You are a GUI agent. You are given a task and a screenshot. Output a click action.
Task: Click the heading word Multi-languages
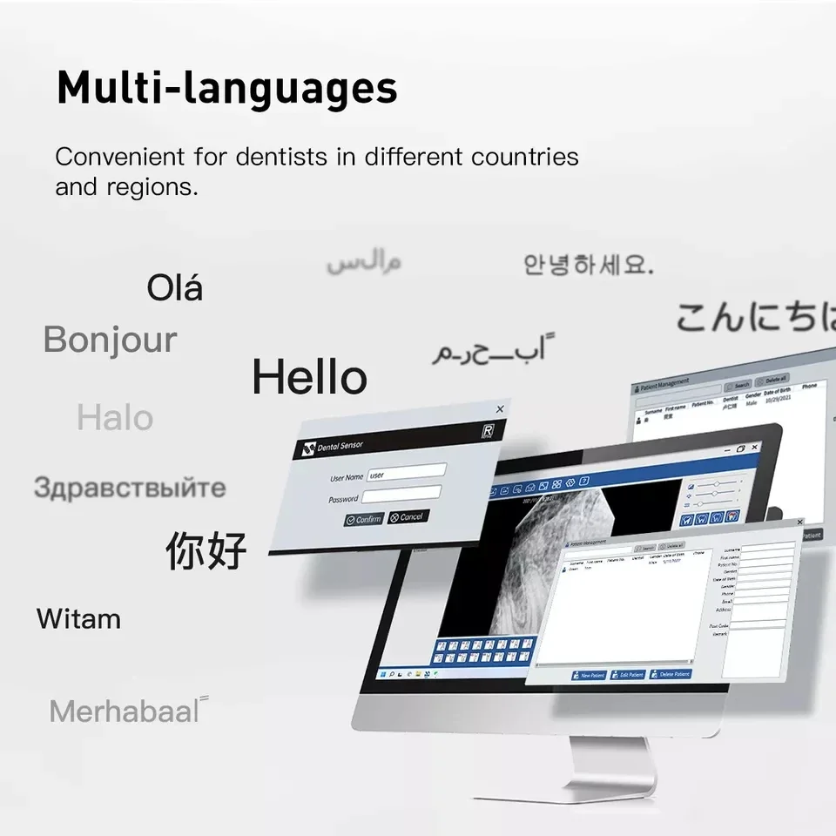[226, 89]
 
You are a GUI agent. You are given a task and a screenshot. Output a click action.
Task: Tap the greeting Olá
[175, 287]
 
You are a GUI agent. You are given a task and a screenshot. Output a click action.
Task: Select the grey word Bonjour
[111, 340]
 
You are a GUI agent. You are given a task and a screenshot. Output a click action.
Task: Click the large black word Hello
[309, 378]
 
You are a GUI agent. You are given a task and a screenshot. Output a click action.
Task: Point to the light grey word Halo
[115, 418]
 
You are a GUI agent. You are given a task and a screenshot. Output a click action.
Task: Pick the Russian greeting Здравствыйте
[130, 488]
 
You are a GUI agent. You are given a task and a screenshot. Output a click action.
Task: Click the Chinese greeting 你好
[206, 550]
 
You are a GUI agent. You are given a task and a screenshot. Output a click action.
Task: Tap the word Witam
[78, 620]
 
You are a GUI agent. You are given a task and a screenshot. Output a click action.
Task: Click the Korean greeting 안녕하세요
[588, 265]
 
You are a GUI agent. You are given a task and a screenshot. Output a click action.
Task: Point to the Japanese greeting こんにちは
[754, 318]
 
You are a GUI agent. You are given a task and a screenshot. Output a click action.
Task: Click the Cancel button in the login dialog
[408, 516]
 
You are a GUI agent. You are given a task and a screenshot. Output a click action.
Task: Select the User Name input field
[406, 473]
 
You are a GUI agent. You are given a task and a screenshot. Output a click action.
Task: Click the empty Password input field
[401, 496]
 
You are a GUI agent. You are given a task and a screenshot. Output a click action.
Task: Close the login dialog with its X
[500, 408]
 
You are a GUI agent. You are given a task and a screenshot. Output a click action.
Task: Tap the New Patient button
[589, 675]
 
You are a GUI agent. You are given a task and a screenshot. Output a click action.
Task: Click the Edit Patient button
[628, 675]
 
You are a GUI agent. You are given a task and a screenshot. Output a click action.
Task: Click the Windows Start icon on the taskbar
[381, 674]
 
